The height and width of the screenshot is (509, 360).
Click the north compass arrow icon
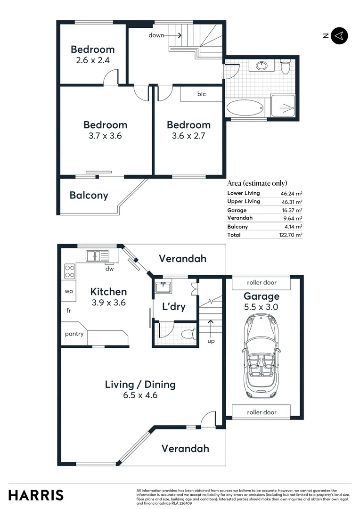[x=339, y=36]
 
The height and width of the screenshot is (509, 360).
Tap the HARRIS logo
[x=36, y=495]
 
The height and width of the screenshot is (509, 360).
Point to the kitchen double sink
[x=97, y=256]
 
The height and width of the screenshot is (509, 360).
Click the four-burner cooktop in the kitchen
[x=69, y=271]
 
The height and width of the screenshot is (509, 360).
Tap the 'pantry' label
[x=74, y=334]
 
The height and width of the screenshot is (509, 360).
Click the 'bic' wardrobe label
[x=201, y=94]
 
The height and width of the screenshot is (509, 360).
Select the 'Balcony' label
[x=89, y=195]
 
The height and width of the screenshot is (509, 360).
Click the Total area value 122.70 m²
[x=291, y=235]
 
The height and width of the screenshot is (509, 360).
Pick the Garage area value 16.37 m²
[x=291, y=210]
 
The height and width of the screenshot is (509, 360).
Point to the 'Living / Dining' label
[x=140, y=384]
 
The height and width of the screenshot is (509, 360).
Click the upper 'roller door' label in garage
[x=262, y=283]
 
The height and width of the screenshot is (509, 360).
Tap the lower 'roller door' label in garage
[x=262, y=412]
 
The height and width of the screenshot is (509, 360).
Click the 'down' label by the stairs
[x=156, y=35]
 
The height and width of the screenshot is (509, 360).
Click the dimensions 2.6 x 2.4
[x=92, y=60]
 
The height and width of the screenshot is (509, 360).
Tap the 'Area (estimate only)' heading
[x=257, y=183]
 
